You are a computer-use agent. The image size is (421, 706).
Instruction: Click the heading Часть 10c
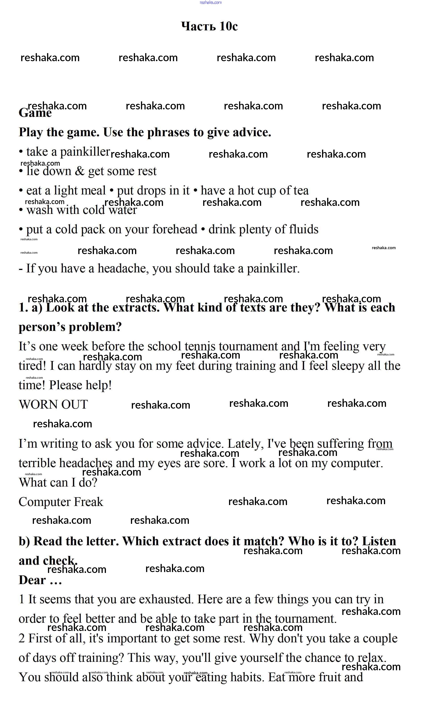click(209, 26)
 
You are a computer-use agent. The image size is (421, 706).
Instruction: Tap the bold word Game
click(35, 113)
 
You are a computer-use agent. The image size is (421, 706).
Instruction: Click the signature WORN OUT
click(53, 404)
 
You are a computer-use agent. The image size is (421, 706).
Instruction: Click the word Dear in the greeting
click(32, 580)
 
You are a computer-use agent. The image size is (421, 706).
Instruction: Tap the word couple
click(382, 638)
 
